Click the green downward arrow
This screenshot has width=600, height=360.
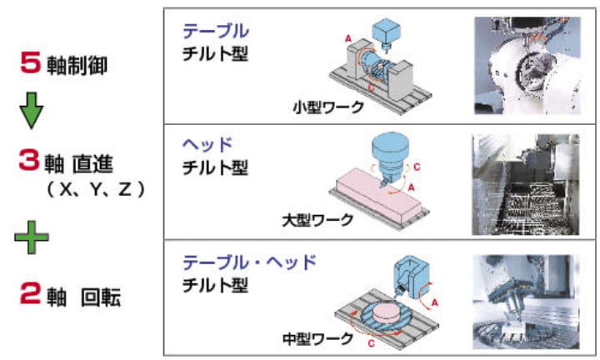pyautogui.click(x=31, y=112)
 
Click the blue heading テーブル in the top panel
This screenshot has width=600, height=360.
pyautogui.click(x=215, y=32)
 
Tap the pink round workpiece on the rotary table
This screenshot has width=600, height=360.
pyautogui.click(x=385, y=314)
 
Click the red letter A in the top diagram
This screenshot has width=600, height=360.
pyautogui.click(x=349, y=38)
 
